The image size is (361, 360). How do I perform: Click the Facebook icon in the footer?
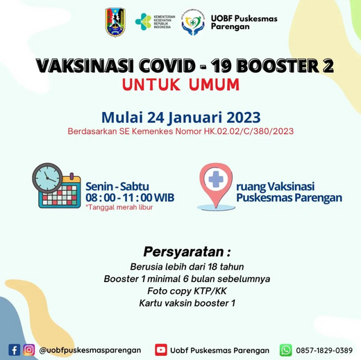pos(15,350)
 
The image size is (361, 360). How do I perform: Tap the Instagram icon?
pos(29,350)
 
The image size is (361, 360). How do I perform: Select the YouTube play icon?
pos(161,350)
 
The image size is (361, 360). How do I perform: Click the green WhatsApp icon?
pos(286,350)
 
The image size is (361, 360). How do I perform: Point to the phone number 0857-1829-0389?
pos(324,350)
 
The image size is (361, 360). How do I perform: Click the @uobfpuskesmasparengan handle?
pos(90,350)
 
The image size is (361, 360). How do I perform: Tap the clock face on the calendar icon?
pos(47,178)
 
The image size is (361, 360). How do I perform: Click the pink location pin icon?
pos(216,185)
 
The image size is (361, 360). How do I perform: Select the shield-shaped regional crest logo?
pos(115,22)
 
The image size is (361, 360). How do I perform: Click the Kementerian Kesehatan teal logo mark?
pos(143,22)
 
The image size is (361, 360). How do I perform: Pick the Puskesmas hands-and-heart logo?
pos(193,22)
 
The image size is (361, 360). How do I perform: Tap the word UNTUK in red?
pos(151,84)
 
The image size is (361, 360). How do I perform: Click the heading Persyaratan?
pos(187,252)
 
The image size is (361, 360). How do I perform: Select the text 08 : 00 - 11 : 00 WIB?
pos(130,197)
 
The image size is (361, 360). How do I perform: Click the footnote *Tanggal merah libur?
pos(119,207)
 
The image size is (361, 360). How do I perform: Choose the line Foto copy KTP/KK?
pos(187,291)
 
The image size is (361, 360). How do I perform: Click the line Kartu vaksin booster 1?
pos(187,303)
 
